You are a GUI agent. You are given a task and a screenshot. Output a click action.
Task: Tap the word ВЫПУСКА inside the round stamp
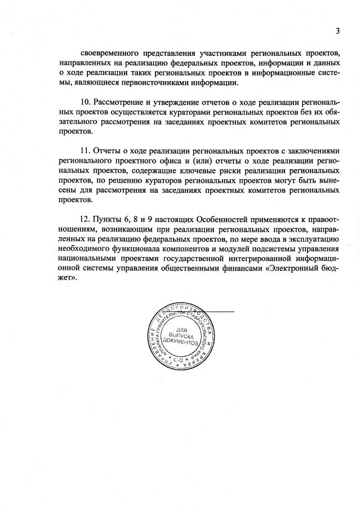point(181,336)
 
